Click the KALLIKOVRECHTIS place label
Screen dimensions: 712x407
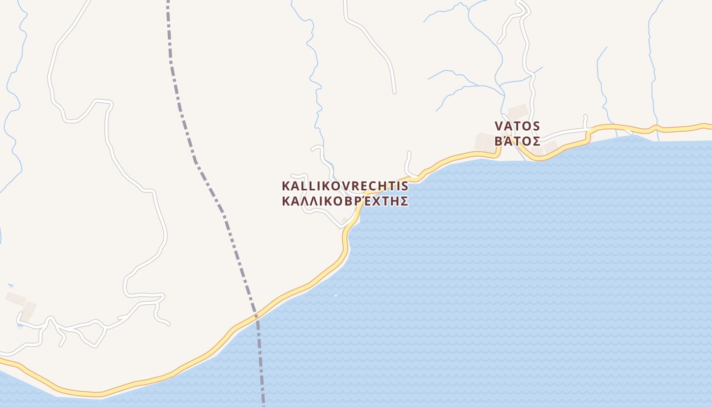(x=345, y=185)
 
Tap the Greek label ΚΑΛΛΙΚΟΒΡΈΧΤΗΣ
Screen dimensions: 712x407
(x=345, y=201)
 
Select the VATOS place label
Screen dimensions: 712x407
(x=517, y=126)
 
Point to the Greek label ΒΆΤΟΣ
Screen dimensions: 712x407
(x=517, y=141)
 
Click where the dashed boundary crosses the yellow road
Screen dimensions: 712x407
(x=256, y=316)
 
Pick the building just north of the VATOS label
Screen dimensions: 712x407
(x=518, y=111)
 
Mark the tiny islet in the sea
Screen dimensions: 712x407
(x=336, y=295)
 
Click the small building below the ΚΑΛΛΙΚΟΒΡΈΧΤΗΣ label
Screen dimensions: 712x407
(x=344, y=220)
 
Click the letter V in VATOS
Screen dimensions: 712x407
(x=499, y=126)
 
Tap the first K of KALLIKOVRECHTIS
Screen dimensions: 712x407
(x=286, y=185)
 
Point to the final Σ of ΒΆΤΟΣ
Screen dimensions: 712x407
(x=536, y=141)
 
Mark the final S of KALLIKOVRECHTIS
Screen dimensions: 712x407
(x=405, y=185)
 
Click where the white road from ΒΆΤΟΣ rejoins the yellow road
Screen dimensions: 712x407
(x=590, y=135)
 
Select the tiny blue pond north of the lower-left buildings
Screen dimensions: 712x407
(x=10, y=285)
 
